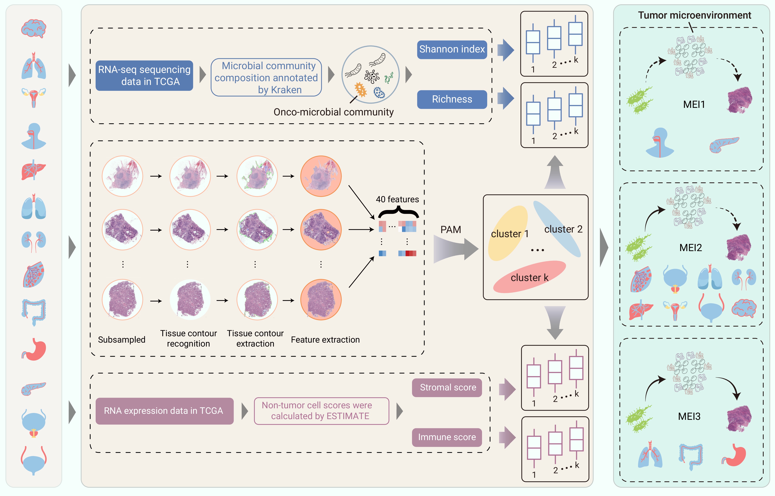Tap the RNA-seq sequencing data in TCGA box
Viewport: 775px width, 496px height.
[x=144, y=75]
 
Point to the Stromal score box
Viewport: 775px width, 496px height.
[x=447, y=387]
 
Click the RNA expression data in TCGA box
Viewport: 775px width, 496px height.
[x=164, y=411]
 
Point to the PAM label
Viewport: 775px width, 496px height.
[x=450, y=230]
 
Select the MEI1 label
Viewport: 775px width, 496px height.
[x=694, y=104]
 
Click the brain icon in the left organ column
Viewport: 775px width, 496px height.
[x=34, y=28]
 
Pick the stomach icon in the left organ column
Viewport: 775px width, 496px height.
[x=35, y=349]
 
